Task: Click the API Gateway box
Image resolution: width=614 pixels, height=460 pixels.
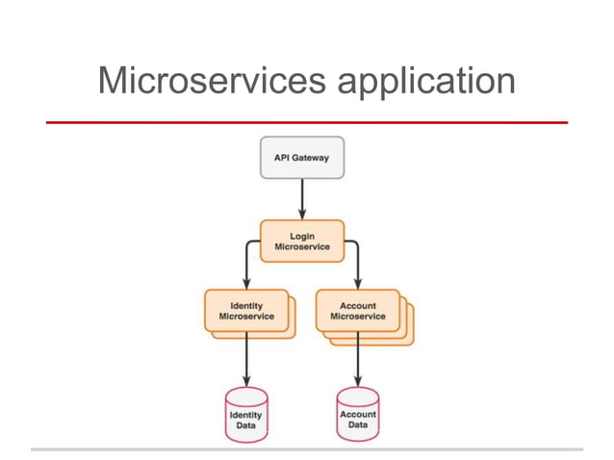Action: point(301,158)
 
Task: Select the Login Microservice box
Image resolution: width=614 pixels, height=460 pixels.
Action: point(301,241)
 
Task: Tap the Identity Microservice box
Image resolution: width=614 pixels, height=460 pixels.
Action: point(246,311)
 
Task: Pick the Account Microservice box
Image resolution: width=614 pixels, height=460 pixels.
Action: point(358,311)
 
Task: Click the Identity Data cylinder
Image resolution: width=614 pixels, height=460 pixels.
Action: point(245,415)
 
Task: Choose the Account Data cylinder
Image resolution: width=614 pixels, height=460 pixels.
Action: point(358,415)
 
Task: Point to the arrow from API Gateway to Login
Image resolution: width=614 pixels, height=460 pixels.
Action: point(302,198)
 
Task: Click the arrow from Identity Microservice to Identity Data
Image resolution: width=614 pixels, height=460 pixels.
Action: point(246,358)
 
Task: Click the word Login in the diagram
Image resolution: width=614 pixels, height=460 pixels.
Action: point(302,235)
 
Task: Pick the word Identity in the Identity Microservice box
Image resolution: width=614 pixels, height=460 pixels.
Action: point(246,305)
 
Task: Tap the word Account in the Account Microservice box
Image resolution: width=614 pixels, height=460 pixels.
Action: point(358,305)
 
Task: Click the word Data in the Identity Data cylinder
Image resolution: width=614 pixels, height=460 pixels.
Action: point(245,424)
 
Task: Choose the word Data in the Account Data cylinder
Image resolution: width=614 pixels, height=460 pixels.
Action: point(358,424)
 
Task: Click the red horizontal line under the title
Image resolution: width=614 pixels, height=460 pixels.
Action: point(307,123)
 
